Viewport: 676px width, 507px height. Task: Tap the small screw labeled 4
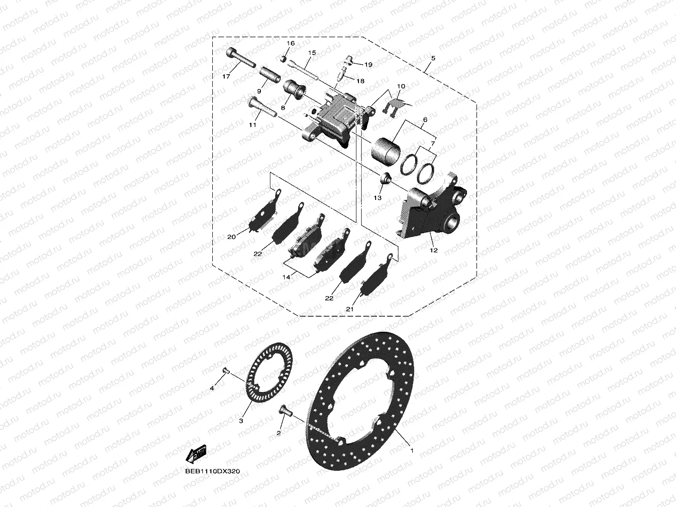[x=226, y=371]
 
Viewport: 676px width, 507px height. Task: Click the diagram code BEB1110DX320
[x=213, y=471]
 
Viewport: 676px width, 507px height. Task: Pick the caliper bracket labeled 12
[x=431, y=209]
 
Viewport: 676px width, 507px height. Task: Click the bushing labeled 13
[x=385, y=179]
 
